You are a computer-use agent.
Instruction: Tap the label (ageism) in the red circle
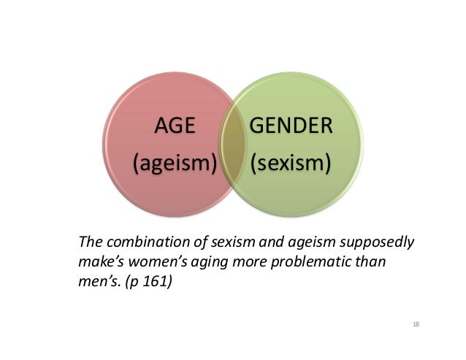click(x=175, y=162)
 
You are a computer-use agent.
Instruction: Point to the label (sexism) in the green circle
click(x=290, y=162)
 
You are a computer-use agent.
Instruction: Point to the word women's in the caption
click(x=152, y=260)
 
